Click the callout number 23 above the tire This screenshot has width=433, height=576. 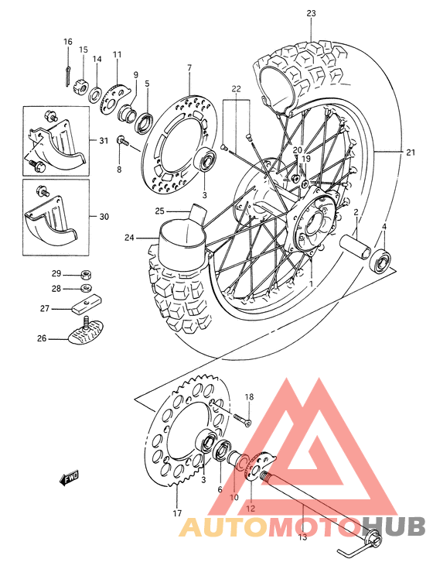(x=312, y=13)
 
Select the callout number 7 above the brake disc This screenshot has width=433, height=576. (x=188, y=69)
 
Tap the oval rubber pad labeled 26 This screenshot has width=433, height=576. (x=85, y=335)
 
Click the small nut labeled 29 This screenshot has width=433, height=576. (x=87, y=275)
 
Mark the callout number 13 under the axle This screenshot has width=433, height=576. (x=302, y=537)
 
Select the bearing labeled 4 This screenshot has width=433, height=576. (x=380, y=260)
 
